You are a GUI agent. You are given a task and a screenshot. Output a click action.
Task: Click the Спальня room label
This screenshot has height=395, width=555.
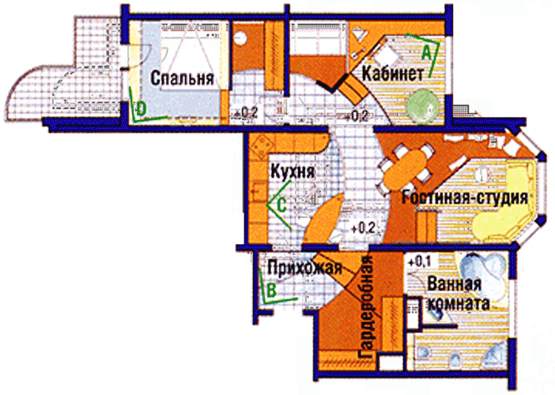click(183, 78)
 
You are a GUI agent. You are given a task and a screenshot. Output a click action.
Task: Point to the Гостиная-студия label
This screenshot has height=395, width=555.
click(462, 197)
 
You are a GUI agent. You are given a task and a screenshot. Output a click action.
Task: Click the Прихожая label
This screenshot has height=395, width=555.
click(304, 267)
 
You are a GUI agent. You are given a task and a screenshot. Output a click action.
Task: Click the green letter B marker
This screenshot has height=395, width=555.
click(270, 290)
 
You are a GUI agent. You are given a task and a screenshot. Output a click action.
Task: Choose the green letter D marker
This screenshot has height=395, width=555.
click(140, 108)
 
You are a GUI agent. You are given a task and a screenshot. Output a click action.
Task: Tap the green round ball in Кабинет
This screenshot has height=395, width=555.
click(425, 103)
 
